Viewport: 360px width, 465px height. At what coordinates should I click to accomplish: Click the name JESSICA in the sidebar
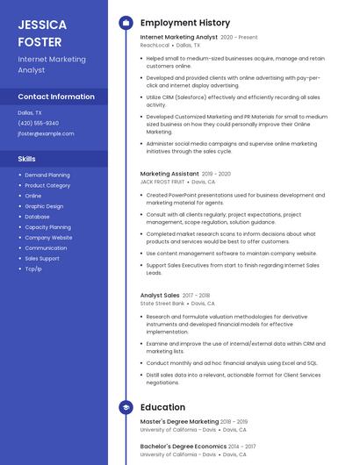40,24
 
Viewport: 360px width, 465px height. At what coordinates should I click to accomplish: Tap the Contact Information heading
56,97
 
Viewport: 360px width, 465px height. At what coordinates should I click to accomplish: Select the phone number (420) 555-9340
38,123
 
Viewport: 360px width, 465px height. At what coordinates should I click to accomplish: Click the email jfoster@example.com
46,133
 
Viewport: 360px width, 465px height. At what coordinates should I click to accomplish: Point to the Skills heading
27,159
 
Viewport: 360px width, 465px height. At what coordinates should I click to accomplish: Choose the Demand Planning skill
47,175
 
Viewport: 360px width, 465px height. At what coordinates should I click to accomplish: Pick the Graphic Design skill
44,206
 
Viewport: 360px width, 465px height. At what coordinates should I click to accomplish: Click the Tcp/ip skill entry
33,268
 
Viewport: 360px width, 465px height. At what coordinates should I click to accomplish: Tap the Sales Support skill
42,258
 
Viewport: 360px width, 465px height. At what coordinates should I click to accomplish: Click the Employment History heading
184,23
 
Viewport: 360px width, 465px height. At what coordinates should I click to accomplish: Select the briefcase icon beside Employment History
126,23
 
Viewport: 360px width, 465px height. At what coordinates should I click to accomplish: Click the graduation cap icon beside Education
126,407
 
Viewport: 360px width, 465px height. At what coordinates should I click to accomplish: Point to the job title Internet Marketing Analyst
179,38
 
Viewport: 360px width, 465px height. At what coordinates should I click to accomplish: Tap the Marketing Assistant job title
169,174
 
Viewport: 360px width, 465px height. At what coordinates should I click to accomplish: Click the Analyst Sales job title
160,296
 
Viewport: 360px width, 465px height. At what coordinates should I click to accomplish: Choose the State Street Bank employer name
162,304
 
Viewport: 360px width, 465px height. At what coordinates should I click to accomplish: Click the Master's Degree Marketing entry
180,422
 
